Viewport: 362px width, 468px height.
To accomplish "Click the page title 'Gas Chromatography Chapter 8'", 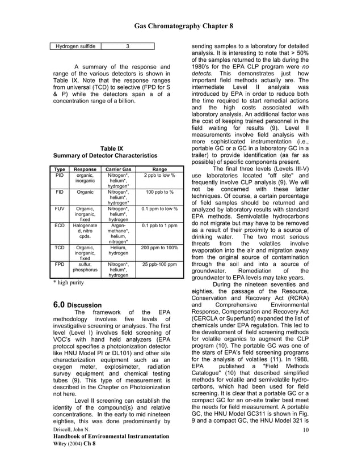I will click(x=183, y=26).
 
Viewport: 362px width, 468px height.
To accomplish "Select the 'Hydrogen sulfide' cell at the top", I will click(x=75, y=46).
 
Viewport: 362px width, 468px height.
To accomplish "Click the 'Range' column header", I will click(x=159, y=169).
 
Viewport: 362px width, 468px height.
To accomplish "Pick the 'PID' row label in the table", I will click(x=59, y=176).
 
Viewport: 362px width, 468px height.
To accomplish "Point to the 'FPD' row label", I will click(x=59, y=264).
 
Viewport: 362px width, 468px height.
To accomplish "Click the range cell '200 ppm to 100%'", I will click(x=159, y=248).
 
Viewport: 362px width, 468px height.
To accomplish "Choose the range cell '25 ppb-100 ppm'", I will click(x=159, y=264).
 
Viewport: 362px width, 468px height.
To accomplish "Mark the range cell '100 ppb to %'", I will click(x=159, y=192).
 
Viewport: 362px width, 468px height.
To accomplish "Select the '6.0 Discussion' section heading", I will click(x=77, y=305).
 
